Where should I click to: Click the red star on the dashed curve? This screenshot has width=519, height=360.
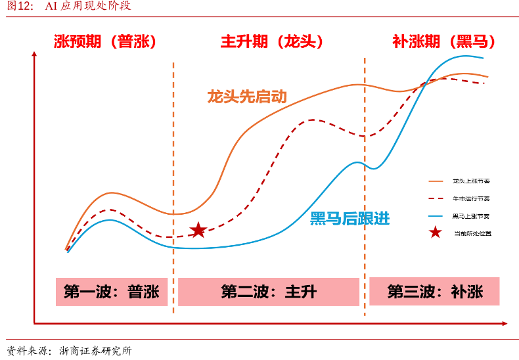click(x=198, y=230)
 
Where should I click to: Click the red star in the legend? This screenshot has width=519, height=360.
click(x=435, y=233)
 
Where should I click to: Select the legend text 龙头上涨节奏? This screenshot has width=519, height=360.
click(x=472, y=181)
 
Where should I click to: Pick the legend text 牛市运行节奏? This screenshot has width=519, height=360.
click(x=472, y=198)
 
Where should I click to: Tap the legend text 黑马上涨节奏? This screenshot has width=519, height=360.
click(x=472, y=215)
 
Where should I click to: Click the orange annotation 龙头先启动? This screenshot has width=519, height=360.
click(x=247, y=97)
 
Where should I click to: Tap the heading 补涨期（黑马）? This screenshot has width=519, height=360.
click(x=443, y=41)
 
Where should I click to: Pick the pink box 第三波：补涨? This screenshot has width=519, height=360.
click(x=434, y=291)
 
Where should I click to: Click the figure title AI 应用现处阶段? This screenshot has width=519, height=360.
click(x=87, y=7)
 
